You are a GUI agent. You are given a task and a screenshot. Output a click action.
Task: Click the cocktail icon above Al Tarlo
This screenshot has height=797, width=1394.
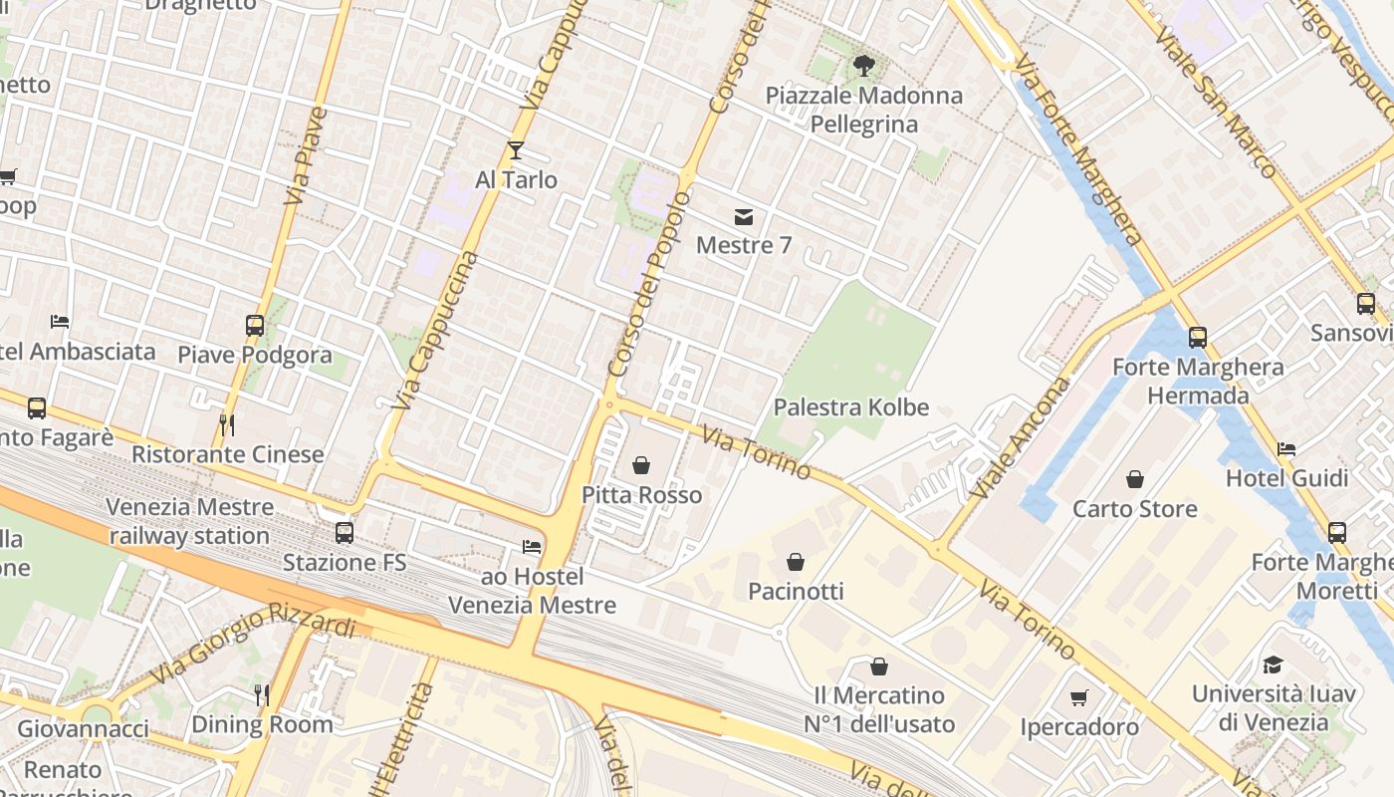click(x=515, y=150)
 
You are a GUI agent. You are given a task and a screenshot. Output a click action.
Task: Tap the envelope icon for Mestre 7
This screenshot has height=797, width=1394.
click(x=743, y=216)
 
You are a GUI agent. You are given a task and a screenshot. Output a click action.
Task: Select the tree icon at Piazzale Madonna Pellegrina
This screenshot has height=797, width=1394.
click(x=863, y=67)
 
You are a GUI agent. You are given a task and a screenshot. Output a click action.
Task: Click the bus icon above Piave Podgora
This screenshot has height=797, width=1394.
click(x=255, y=325)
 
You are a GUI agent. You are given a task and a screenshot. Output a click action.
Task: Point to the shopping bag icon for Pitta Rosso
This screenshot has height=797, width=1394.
click(x=641, y=465)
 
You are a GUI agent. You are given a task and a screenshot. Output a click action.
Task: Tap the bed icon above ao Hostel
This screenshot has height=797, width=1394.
click(x=532, y=547)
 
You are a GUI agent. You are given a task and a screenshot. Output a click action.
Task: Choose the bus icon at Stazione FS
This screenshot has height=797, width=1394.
click(x=345, y=532)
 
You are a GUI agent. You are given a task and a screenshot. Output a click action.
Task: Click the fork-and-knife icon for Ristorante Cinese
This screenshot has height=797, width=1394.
click(x=227, y=425)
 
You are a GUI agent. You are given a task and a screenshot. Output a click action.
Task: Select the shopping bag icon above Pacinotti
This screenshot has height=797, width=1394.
click(x=795, y=563)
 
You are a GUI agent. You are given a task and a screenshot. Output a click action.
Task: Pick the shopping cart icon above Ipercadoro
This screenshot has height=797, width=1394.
click(x=1079, y=698)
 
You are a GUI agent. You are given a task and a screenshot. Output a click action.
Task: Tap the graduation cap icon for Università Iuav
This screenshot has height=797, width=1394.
click(x=1272, y=664)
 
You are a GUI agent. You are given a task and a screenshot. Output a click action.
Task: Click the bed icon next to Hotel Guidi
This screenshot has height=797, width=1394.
click(x=1286, y=449)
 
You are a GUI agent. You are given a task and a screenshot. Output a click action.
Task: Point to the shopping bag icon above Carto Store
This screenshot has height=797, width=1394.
click(x=1134, y=480)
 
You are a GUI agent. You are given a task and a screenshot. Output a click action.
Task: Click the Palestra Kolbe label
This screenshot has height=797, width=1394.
click(x=851, y=407)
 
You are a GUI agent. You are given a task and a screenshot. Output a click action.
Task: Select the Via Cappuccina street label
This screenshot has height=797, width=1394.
click(x=436, y=331)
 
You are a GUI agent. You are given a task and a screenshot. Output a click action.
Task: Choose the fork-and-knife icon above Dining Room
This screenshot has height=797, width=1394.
click(x=262, y=694)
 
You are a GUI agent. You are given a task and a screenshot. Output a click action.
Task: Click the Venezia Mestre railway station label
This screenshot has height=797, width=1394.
click(x=189, y=521)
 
